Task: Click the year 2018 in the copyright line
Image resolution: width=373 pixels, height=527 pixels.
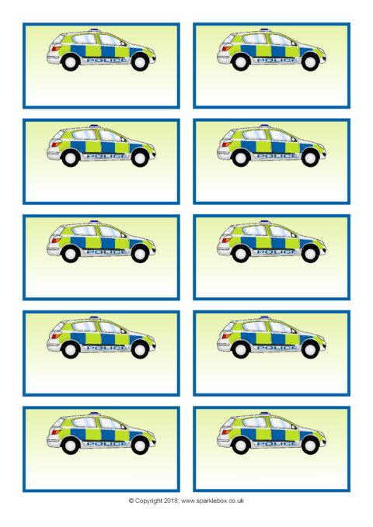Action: tap(172, 501)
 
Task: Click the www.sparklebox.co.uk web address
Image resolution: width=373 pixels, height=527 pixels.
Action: tap(212, 501)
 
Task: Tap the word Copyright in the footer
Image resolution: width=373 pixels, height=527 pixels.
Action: tap(148, 501)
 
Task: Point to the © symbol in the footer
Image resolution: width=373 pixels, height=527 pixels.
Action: tap(131, 501)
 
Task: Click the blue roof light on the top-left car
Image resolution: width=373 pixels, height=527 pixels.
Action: tap(95, 30)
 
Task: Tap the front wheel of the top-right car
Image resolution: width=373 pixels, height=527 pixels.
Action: tap(310, 62)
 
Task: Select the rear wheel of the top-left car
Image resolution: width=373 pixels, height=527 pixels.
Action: tap(71, 62)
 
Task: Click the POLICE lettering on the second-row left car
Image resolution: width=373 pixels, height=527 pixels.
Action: tap(107, 156)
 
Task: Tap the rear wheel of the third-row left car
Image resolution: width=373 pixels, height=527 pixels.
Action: tap(71, 254)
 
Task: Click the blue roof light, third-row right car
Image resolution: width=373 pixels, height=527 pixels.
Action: tap(265, 222)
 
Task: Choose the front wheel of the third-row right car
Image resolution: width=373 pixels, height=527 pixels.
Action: tap(310, 254)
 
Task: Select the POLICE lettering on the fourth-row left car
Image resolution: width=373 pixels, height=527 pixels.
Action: tap(107, 348)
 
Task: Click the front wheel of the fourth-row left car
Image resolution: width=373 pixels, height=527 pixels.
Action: tap(140, 350)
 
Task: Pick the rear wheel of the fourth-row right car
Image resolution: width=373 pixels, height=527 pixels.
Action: tap(241, 350)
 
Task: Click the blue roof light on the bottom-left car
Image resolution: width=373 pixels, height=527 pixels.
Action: tap(95, 414)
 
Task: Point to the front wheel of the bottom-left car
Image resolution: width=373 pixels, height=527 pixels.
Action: tap(140, 446)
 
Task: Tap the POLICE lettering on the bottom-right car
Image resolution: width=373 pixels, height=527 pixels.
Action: tap(277, 444)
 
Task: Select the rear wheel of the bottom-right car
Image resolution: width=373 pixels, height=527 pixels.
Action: tap(241, 446)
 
